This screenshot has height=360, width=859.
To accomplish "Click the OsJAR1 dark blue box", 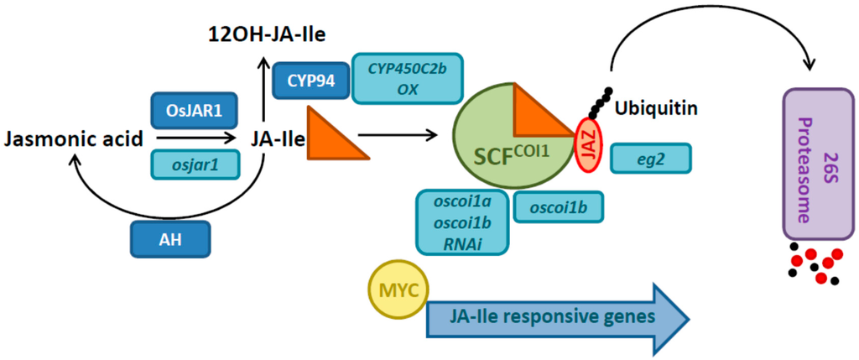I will pyautogui.click(x=192, y=109).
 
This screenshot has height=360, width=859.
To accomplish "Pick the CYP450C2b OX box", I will pyautogui.click(x=409, y=78).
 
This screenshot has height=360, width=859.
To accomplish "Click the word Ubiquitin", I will pyautogui.click(x=653, y=108).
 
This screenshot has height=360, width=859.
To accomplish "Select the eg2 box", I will pyautogui.click(x=651, y=158).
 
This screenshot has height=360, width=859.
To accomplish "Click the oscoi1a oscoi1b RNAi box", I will pyautogui.click(x=462, y=222).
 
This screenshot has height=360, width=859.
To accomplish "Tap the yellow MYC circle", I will pyautogui.click(x=398, y=290).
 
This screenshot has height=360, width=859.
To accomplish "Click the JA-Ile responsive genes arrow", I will pyautogui.click(x=554, y=317).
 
